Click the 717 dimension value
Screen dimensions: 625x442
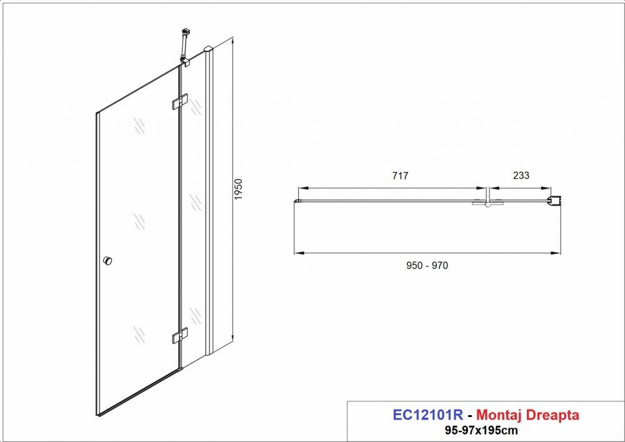click(400, 176)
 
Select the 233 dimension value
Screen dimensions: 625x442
click(521, 176)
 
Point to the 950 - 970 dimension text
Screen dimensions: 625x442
click(427, 266)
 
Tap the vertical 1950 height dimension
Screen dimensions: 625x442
click(238, 189)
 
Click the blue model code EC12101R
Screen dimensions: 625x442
click(427, 415)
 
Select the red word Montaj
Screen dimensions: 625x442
click(499, 415)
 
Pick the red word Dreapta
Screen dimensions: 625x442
click(552, 415)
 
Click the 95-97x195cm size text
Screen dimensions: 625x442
click(481, 431)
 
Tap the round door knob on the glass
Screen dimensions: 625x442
click(107, 261)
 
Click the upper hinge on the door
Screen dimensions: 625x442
click(180, 101)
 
